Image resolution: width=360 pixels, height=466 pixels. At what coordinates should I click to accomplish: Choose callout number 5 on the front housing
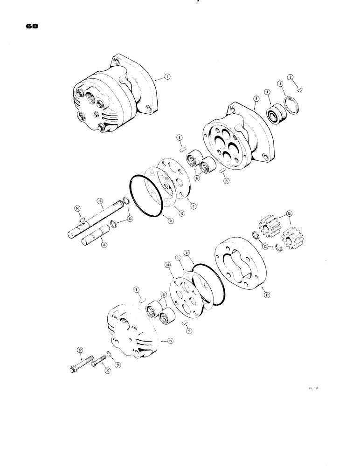coord(256,99)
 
